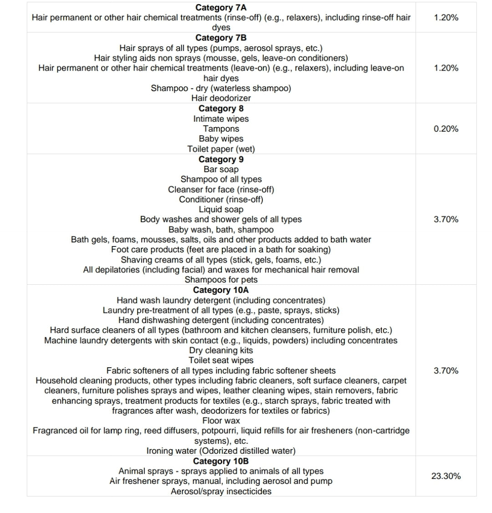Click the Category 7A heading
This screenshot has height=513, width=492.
point(221,8)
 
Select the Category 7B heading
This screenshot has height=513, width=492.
point(221,38)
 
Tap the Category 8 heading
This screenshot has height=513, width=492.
point(221,108)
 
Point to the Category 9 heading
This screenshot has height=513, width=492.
point(221,159)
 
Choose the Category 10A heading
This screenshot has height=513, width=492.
point(221,290)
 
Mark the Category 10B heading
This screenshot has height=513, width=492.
point(221,461)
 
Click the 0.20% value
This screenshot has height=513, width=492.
point(446,129)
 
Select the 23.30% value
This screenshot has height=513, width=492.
point(446,476)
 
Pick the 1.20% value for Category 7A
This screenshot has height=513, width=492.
point(446,18)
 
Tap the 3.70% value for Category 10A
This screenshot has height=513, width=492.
point(446,370)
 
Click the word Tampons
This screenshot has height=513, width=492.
point(221,129)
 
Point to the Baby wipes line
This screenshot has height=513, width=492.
point(221,139)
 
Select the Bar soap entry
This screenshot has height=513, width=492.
point(221,169)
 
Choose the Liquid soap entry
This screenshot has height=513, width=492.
point(221,210)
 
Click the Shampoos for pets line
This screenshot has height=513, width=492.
point(221,280)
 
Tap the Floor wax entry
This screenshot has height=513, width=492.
point(221,421)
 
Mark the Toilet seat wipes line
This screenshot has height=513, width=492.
point(221,360)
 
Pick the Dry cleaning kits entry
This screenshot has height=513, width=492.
point(221,350)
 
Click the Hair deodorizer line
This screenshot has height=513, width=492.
point(221,98)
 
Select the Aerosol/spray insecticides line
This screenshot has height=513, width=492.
point(221,491)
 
